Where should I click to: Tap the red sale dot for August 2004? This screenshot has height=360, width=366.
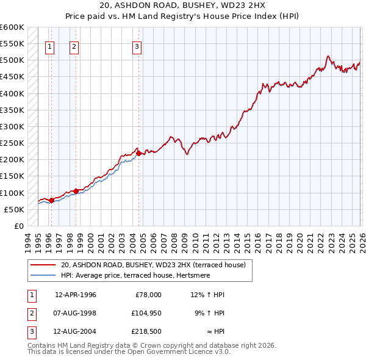[139, 154]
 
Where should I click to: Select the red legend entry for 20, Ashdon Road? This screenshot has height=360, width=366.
[152, 265]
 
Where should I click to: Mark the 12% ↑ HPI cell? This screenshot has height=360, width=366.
[208, 295]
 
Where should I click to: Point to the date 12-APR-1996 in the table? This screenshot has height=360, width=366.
[76, 295]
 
